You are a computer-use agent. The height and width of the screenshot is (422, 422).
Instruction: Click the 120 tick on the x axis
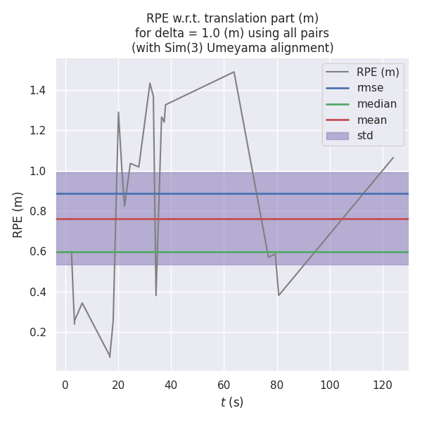click(383, 385)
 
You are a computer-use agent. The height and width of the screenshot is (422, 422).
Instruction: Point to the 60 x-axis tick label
click(224, 385)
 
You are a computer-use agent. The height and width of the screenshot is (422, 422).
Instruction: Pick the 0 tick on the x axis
click(65, 385)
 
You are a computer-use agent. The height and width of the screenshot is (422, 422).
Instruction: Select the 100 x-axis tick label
click(330, 385)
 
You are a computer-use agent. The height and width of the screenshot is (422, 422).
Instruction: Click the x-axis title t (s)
click(232, 402)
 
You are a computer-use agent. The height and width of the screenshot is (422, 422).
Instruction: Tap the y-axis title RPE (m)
click(18, 215)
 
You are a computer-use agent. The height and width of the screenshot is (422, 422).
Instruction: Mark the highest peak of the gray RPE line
click(234, 72)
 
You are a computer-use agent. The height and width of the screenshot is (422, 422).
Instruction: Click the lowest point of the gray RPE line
click(110, 357)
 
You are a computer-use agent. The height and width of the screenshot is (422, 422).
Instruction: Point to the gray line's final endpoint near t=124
click(393, 158)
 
